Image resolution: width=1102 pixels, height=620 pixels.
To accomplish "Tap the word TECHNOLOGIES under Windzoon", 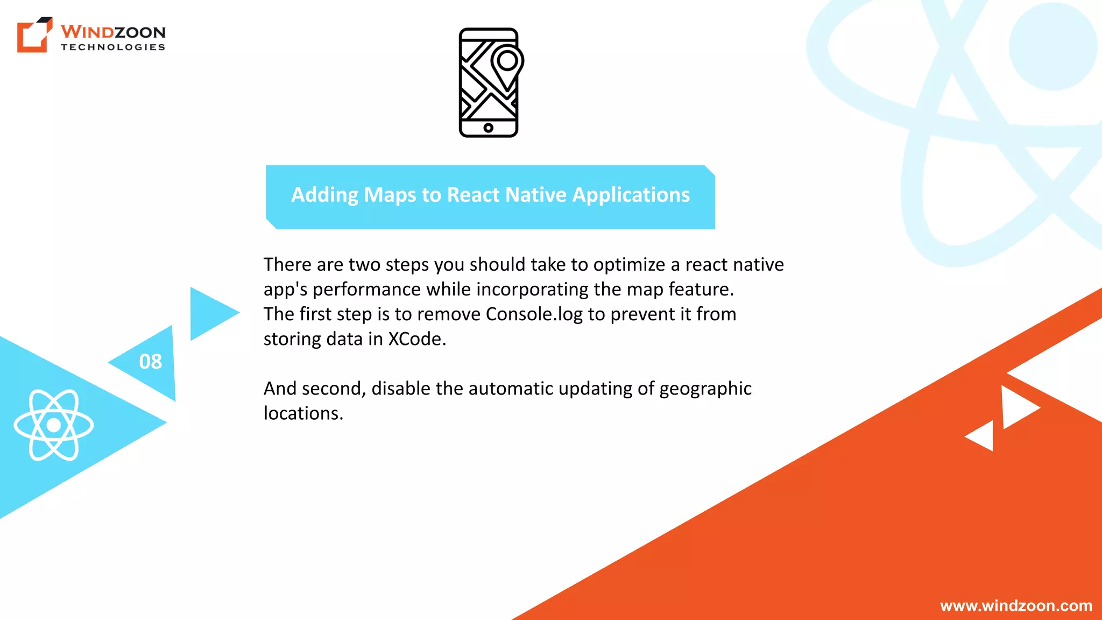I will [113, 47].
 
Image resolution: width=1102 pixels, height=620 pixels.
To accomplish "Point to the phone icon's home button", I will [488, 128].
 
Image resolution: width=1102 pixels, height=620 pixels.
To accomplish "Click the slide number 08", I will [150, 362].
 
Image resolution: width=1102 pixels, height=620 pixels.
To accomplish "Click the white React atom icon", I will [54, 425].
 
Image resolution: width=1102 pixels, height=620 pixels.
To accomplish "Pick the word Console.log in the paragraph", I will [534, 314].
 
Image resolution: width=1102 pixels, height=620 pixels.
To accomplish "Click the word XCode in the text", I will [417, 339].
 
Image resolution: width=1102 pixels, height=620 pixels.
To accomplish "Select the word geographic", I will [705, 389].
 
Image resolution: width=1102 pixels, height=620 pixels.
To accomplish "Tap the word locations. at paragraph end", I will [303, 413].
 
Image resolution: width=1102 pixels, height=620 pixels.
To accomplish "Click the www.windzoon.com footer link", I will [1016, 605].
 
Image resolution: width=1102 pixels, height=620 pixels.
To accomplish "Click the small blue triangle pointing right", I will [211, 314].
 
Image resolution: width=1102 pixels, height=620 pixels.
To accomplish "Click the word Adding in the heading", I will [324, 195].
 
